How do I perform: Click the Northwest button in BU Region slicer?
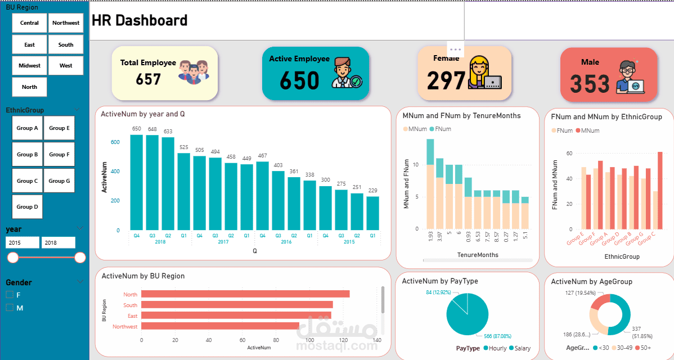(x=66, y=23)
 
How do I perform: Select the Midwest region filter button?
(x=29, y=66)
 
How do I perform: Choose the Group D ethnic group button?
(x=27, y=206)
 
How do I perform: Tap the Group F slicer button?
(x=59, y=154)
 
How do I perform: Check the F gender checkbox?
(x=10, y=295)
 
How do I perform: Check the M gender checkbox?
(x=10, y=308)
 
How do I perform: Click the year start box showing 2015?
(x=23, y=242)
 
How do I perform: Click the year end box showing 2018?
(x=59, y=242)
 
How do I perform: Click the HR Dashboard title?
(x=140, y=21)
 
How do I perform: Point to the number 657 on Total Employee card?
(x=149, y=79)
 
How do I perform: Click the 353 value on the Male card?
(x=589, y=84)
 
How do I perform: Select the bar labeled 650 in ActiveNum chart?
(x=137, y=182)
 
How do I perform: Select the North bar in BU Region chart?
(x=245, y=294)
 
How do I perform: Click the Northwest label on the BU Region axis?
(x=125, y=326)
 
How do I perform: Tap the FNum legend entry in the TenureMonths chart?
(x=440, y=129)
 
